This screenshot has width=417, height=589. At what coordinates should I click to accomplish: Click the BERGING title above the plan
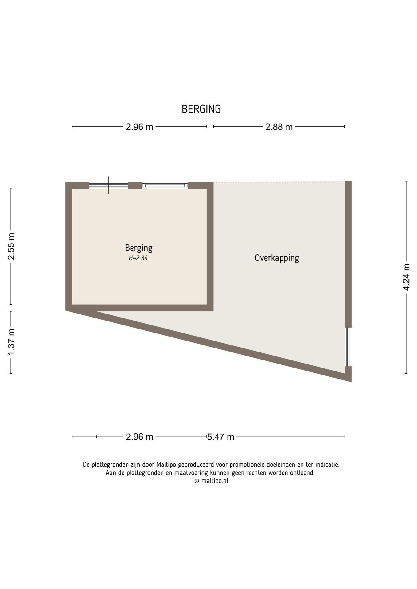[201, 109]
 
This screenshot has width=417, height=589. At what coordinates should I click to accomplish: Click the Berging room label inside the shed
[139, 248]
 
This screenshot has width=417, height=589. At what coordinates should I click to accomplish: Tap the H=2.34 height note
[138, 258]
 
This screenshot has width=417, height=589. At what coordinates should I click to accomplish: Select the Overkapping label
[277, 258]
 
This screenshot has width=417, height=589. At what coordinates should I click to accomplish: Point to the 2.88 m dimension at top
[279, 127]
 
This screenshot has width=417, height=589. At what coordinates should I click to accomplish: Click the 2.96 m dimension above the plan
[139, 127]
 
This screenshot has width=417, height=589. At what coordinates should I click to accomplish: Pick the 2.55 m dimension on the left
[11, 246]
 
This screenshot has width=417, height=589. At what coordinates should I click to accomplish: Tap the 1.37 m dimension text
[11, 342]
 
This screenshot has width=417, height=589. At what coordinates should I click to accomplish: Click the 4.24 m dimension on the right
[406, 277]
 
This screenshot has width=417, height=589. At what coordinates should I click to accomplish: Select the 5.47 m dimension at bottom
[221, 437]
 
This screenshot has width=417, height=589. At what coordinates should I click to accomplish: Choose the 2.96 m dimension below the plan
[139, 437]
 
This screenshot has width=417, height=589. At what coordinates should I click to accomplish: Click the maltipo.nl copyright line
[211, 481]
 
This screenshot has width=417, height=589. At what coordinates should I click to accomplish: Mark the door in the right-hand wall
[348, 347]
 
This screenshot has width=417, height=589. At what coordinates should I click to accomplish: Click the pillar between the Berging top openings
[135, 185]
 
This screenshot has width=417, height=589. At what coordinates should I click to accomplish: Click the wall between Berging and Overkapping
[210, 247]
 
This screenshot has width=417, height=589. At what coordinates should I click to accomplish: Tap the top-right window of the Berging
[165, 185]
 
